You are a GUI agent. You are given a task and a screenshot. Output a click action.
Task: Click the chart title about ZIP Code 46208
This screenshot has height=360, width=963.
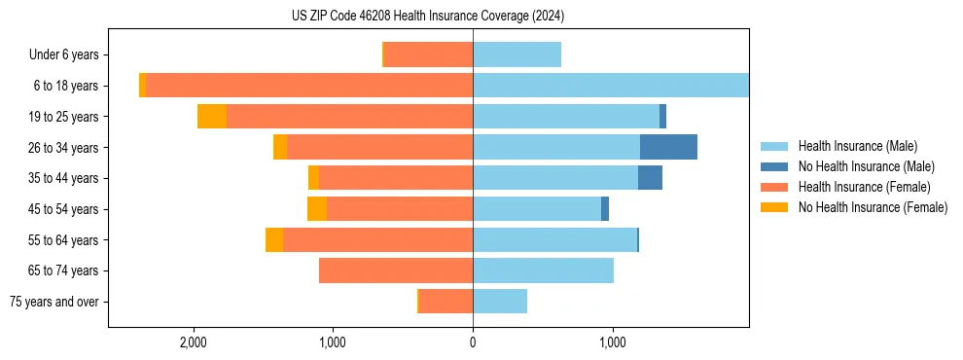coord(428,16)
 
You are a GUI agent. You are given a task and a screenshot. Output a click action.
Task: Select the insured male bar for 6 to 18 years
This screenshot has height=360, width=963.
coord(611,86)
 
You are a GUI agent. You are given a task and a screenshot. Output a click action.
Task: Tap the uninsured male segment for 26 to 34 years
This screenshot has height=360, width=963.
coord(668,147)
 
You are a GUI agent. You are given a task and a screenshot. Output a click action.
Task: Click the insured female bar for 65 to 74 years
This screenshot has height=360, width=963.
coord(396,270)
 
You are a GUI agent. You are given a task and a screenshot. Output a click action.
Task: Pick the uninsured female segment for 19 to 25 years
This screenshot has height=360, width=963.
coord(212,117)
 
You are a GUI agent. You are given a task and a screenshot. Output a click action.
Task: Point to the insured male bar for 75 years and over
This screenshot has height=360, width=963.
coord(500,302)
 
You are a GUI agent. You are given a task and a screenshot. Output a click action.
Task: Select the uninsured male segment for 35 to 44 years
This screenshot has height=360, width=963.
coord(650,178)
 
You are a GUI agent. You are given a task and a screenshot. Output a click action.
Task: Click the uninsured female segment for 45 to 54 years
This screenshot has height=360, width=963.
coord(317,209)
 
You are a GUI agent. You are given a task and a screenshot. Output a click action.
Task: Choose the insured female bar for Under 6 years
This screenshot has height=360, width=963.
coord(429,54)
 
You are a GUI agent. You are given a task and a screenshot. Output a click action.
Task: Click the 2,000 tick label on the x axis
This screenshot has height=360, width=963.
coord(194,342)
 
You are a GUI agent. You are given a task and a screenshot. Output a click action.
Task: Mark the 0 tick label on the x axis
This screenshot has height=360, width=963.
coord(473,342)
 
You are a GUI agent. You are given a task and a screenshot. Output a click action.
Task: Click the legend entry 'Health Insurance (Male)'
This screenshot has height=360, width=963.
coord(857,146)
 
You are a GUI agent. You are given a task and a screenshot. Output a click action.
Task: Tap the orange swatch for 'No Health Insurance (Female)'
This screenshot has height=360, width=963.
coord(774,207)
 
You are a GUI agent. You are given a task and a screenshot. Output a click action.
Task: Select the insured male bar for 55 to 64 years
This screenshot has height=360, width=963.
coord(554,239)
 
